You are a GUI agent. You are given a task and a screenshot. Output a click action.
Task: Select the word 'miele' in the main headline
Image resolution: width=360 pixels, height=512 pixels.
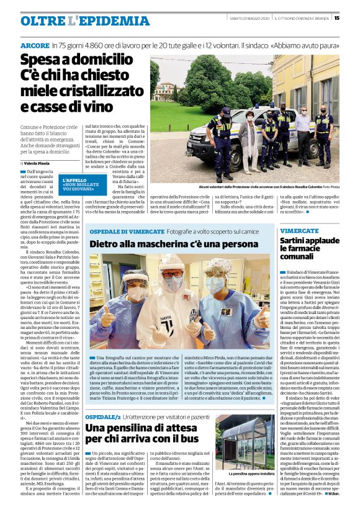coord(37,91)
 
